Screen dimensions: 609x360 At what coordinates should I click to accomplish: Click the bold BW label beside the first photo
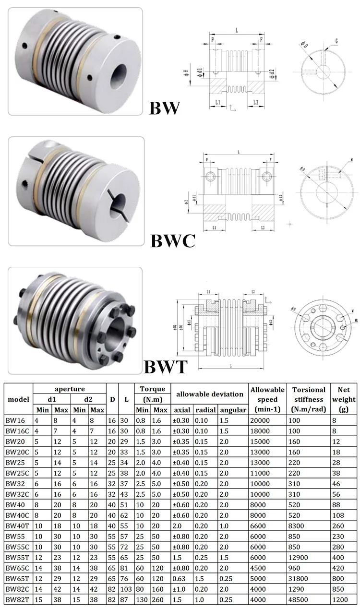pos(164,107)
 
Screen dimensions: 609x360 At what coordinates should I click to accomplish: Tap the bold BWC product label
pos(173,240)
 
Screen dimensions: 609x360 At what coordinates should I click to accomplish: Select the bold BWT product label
pos(166,367)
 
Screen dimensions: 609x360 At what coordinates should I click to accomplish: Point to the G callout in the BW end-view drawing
pos(337,42)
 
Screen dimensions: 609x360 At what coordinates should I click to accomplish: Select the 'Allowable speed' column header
pos(267,399)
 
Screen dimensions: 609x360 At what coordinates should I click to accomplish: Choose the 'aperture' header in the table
pos(69,389)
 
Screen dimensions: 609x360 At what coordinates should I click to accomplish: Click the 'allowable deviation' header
pos(209,394)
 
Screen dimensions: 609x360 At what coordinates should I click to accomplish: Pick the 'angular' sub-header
pos(233,410)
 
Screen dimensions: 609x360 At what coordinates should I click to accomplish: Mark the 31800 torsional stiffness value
pos(302,578)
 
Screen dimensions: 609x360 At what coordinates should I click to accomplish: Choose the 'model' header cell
pos(18,399)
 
